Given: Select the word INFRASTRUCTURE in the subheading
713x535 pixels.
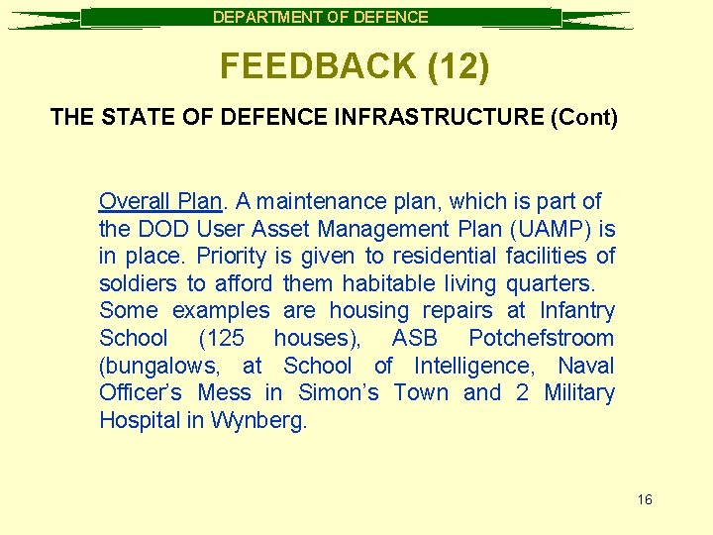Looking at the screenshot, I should click(437, 118).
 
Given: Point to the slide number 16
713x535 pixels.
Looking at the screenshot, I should click(645, 499).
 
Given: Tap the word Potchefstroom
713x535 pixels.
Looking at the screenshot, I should click(542, 338).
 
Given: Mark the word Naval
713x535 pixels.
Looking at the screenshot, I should click(586, 366).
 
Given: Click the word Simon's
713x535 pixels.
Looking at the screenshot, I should click(338, 392).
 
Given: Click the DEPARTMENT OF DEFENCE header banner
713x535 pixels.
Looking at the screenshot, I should click(321, 17).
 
